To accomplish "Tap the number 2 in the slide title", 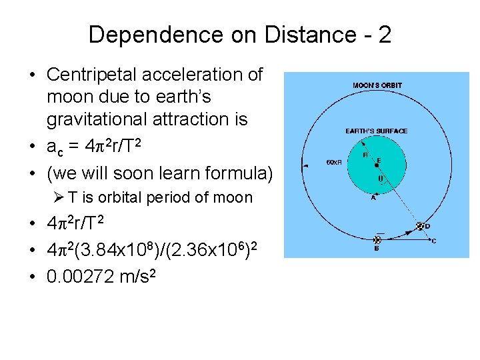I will (384, 35).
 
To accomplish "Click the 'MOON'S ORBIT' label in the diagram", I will (377, 85).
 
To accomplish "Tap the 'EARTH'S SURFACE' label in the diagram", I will (377, 131).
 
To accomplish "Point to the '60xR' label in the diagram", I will (333, 162).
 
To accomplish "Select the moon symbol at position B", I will (379, 237).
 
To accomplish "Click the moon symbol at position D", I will (420, 226).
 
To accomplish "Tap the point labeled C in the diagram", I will (434, 241).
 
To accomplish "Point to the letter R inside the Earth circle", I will (365, 155).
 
